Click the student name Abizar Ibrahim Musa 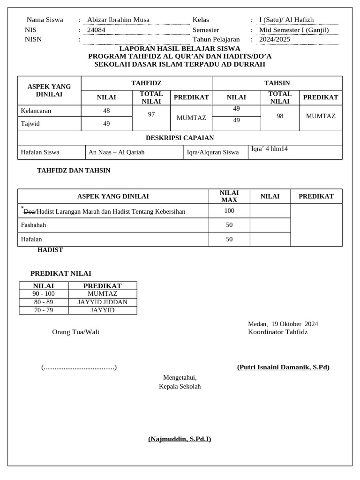coord(118,20)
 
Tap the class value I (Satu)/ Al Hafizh coord(286,20)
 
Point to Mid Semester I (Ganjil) coord(294,30)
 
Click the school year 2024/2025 coord(275,39)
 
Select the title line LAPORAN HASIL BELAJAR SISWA coord(180,48)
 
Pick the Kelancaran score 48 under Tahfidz coord(106,111)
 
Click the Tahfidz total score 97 coord(151,114)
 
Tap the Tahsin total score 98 coord(280,116)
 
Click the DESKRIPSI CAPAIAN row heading coord(180,138)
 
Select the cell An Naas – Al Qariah coord(116,152)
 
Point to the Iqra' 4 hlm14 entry coord(270,149)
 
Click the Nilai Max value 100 coord(229,211)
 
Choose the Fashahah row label coord(34,225)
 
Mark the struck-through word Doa coord(29,211)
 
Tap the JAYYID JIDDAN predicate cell coord(102,302)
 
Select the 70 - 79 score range coord(44,310)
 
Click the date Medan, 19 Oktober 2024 coord(283,324)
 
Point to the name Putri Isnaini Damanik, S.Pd coord(283,367)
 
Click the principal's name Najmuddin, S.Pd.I coord(180,439)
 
